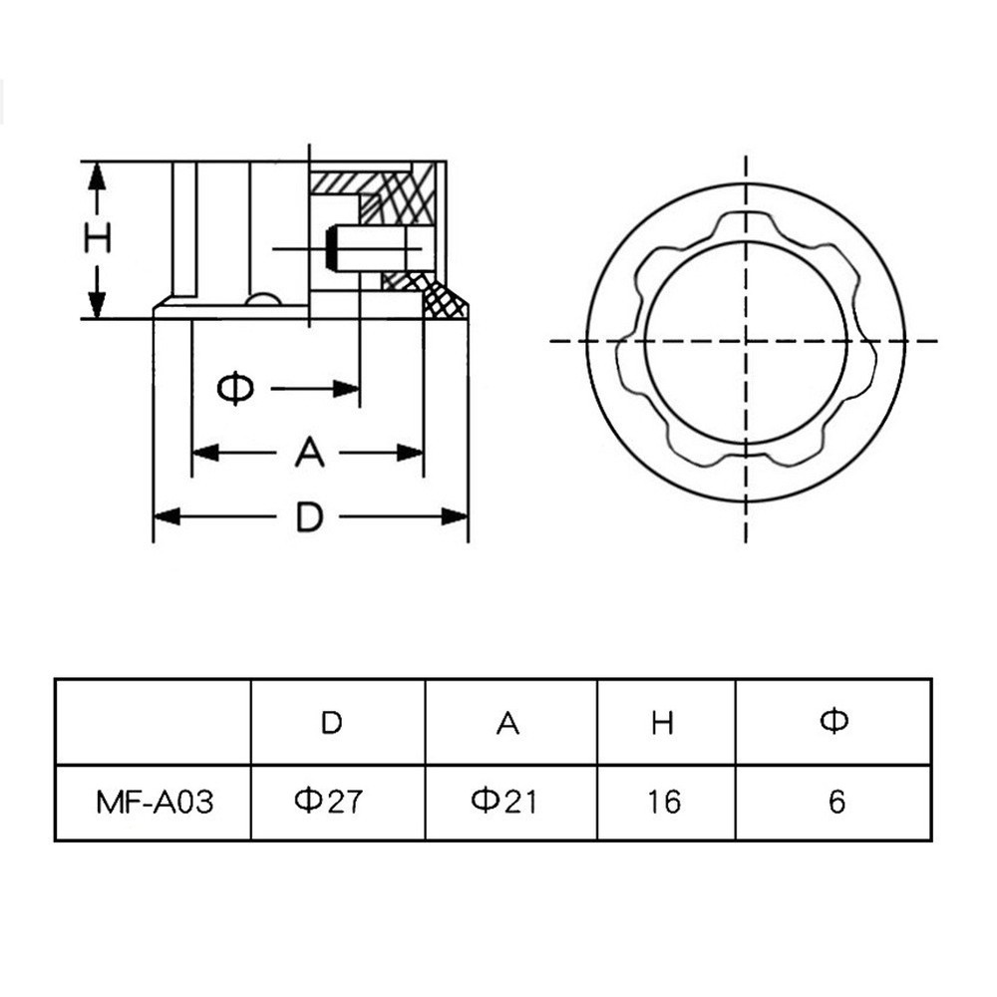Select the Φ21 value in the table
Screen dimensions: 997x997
tap(503, 801)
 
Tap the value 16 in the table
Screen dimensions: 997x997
tap(663, 801)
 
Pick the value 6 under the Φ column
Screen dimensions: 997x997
tap(836, 801)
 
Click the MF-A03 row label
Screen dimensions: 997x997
tap(155, 802)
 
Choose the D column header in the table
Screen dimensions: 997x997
tap(331, 722)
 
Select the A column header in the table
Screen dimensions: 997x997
tap(507, 722)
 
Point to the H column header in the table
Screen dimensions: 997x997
tap(663, 722)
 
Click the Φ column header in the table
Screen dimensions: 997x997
tap(834, 721)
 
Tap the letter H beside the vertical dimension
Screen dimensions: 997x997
tap(97, 239)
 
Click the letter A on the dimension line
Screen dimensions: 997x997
tap(309, 453)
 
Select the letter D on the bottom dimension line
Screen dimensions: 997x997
tap(310, 516)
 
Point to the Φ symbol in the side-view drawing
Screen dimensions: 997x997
tap(235, 388)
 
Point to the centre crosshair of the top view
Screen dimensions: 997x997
tap(746, 341)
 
